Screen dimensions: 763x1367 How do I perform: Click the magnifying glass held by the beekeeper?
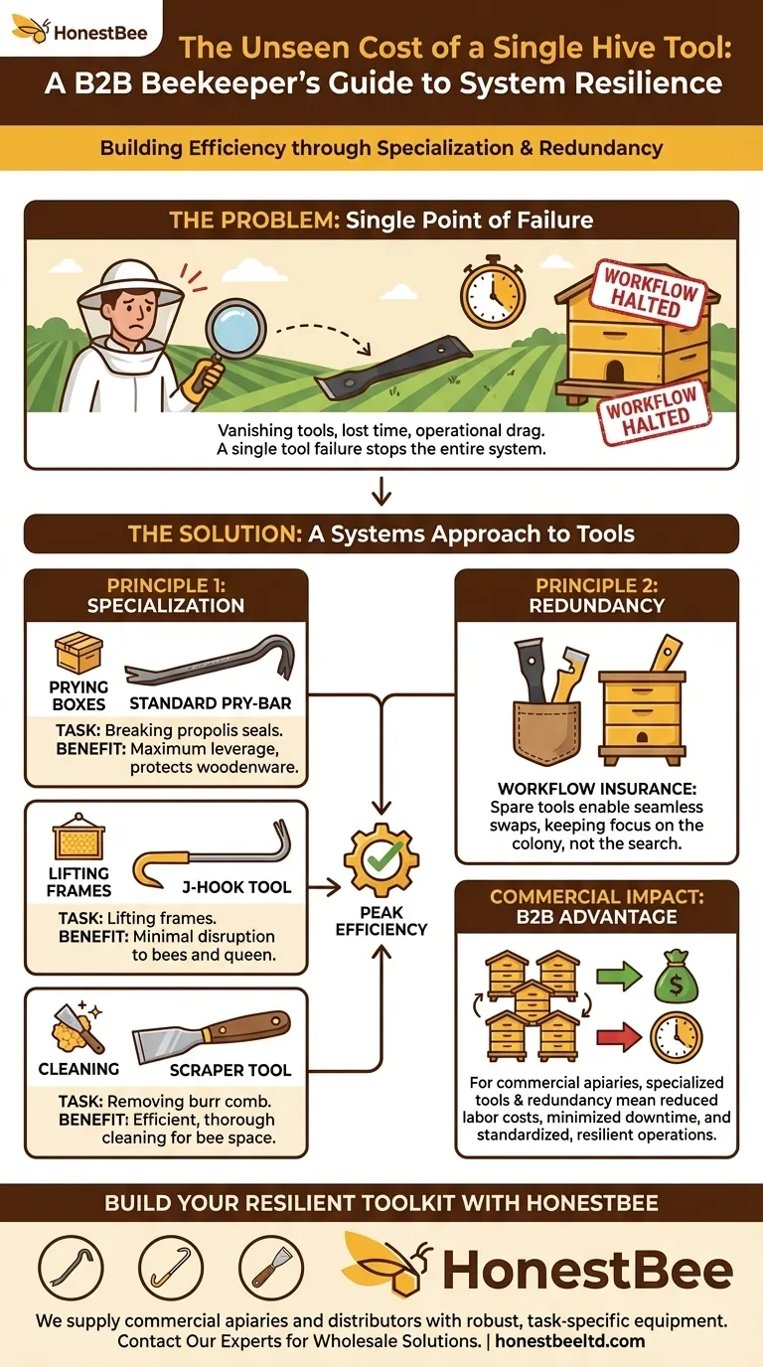tap(235, 330)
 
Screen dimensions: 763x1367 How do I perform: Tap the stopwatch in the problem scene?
tap(493, 297)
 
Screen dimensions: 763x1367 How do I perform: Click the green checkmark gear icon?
tap(381, 859)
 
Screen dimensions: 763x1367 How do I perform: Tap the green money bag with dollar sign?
tap(676, 977)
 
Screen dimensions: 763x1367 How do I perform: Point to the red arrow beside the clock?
tap(618, 1037)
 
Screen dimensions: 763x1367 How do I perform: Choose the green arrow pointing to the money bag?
tap(618, 977)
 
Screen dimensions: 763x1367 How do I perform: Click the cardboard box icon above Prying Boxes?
tap(78, 653)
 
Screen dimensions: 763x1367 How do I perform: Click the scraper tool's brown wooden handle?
tap(247, 1026)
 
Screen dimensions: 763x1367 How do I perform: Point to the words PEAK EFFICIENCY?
tap(381, 921)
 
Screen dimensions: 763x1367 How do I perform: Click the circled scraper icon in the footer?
tap(271, 1268)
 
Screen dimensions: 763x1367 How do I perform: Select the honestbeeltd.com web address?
tap(570, 1341)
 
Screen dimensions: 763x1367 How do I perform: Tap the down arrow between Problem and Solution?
tap(381, 491)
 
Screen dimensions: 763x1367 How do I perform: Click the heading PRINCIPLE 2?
tap(597, 585)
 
